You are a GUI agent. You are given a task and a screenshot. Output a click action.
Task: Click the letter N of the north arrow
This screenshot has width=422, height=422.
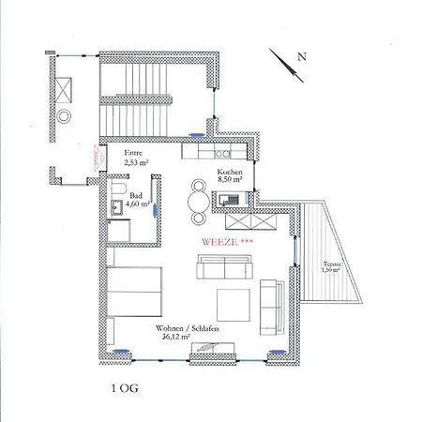click(302, 56)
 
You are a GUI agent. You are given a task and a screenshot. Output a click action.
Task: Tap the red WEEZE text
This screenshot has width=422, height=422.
click(224, 241)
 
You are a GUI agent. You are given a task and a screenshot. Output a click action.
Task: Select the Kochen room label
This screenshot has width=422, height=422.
click(231, 173)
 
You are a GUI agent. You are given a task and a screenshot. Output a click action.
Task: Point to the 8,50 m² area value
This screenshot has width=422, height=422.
click(230, 184)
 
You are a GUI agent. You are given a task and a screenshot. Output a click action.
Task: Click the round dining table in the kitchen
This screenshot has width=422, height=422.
click(199, 199)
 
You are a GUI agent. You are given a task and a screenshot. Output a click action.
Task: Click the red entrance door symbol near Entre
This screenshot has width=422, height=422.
click(96, 159)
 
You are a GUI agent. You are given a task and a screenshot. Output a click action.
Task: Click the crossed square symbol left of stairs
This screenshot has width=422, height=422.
click(67, 91)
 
